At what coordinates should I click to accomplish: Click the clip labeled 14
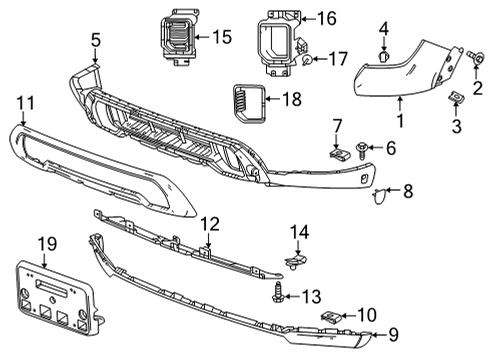point(294,264)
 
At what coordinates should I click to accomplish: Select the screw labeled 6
point(359,149)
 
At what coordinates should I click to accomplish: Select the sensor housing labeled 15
point(176,38)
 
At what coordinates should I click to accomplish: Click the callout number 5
point(95,41)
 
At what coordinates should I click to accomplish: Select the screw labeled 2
point(471,62)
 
